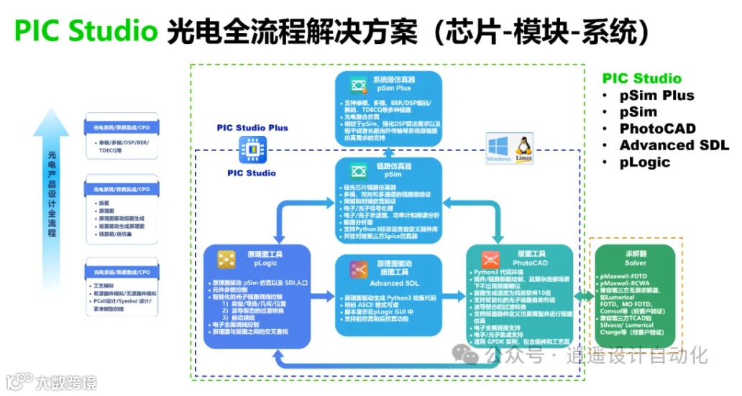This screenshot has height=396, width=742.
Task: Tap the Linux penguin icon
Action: (524, 147)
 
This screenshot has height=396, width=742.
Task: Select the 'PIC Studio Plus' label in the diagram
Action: (252, 128)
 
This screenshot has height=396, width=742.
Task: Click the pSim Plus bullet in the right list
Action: (657, 96)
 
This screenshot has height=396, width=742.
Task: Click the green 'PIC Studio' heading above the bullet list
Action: (642, 78)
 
